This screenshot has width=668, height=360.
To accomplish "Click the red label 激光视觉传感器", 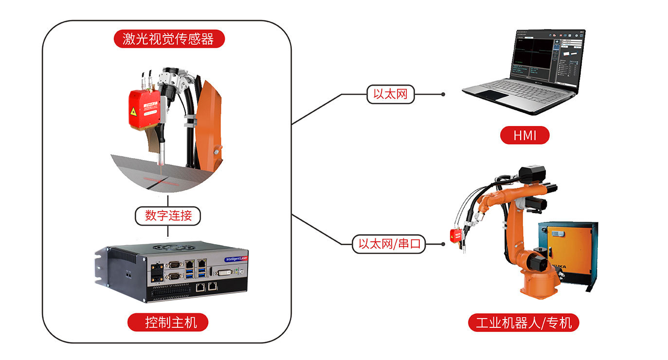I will click(x=169, y=39).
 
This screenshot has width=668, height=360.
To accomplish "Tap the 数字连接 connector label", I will click(x=168, y=215).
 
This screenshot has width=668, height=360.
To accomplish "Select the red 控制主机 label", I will click(x=168, y=322).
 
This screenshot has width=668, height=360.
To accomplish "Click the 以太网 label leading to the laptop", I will click(x=390, y=94).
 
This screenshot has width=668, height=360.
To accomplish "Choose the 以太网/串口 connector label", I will click(x=389, y=244).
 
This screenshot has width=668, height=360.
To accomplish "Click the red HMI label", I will click(x=524, y=135).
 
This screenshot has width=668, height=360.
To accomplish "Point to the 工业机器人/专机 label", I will click(x=524, y=323).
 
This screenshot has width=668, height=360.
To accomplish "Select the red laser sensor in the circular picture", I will click(x=144, y=109).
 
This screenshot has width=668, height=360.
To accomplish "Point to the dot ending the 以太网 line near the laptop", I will click(x=443, y=94).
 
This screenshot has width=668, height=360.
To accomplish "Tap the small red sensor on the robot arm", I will click(x=455, y=236).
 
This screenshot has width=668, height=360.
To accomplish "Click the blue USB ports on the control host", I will click(x=201, y=270).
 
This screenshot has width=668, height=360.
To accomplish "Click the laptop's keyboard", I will click(x=516, y=88).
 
